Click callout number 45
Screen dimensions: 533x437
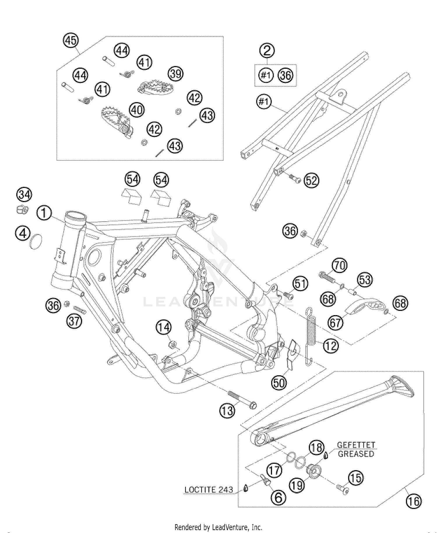point(71,40)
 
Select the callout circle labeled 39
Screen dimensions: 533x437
point(176,74)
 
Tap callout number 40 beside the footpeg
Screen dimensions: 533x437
point(136,110)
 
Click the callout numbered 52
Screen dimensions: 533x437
point(311,181)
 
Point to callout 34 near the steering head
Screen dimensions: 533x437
point(24,195)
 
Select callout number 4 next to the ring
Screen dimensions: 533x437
point(23,234)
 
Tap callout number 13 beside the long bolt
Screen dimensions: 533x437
point(227,411)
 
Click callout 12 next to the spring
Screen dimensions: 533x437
point(331,346)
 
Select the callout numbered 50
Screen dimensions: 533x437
point(279,383)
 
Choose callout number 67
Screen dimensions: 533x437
point(335,323)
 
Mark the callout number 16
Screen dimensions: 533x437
point(414,501)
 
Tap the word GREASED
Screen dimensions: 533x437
point(356,454)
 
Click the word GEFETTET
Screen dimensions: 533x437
point(356,445)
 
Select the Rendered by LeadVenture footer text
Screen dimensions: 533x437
point(218,527)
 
